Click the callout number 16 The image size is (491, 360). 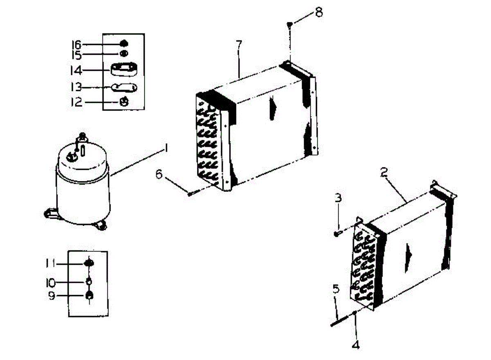76,44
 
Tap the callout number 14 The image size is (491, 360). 76,70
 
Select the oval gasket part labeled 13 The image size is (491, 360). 124,87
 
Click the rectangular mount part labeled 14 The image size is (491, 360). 124,69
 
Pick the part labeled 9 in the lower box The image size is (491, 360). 89,296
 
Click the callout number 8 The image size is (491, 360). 318,12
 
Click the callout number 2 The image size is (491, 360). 384,172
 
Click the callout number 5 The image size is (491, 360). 336,290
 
